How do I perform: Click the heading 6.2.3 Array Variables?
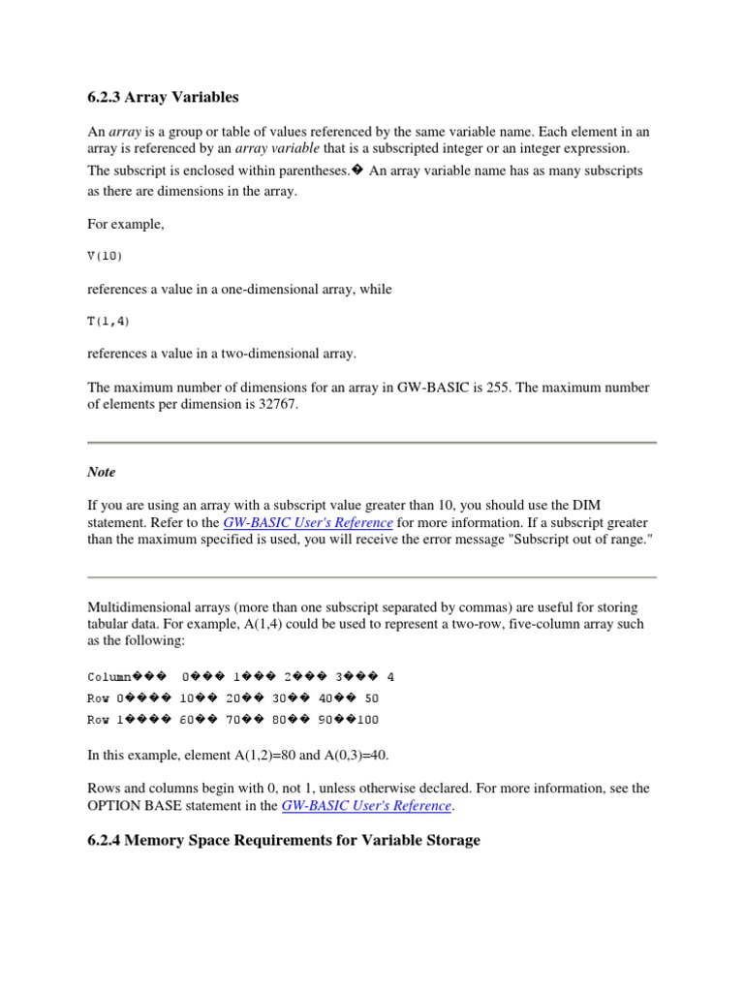163,97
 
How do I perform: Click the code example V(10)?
106,256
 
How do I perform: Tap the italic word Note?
101,472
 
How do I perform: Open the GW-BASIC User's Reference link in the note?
308,521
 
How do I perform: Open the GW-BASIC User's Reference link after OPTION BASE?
366,805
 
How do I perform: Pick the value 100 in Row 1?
367,720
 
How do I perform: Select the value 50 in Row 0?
372,697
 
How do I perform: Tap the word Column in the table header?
109,676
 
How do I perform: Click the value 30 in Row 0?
281,697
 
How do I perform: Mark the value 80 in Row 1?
281,720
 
